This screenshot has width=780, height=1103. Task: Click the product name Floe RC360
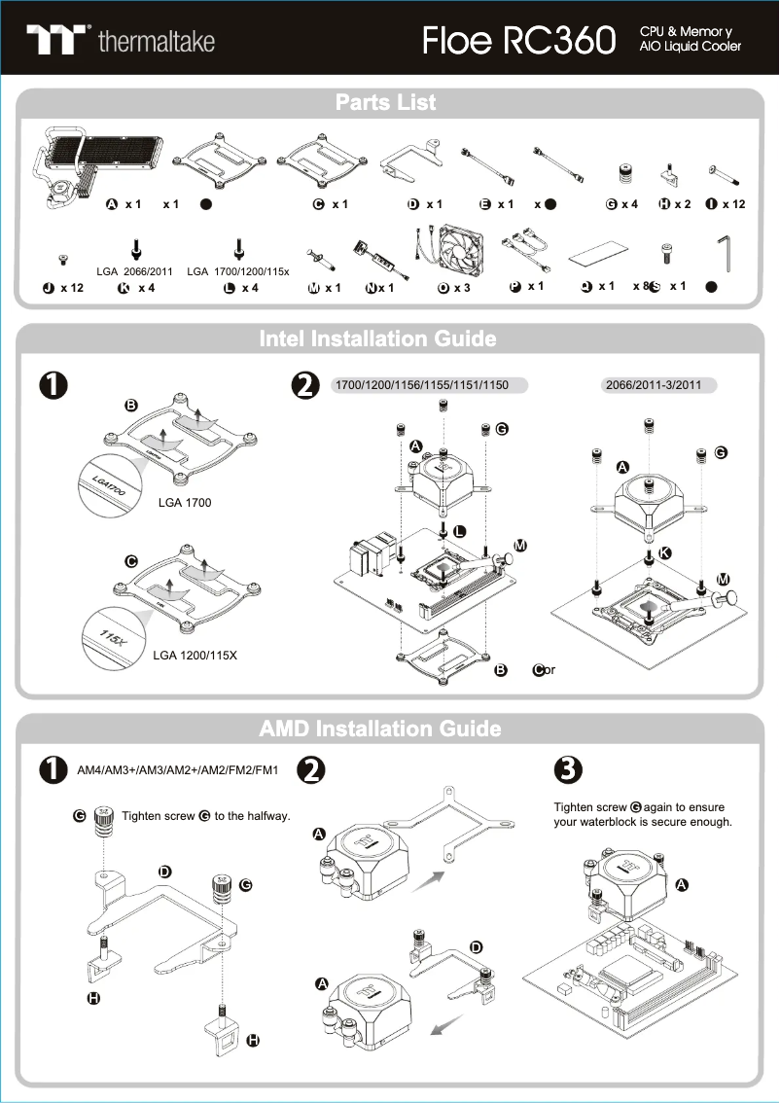pyautogui.click(x=519, y=41)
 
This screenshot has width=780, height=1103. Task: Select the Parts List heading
pyautogui.click(x=386, y=103)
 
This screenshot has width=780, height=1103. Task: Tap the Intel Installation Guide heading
pyautogui.click(x=377, y=339)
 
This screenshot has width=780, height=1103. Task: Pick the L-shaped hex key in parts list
pyautogui.click(x=722, y=254)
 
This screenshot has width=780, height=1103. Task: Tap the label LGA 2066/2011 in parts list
pyautogui.click(x=135, y=271)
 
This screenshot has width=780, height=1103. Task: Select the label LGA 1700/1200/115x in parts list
pyautogui.click(x=238, y=271)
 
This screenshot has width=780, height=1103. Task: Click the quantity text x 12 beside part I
pyautogui.click(x=733, y=204)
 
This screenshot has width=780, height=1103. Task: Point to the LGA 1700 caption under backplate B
pyautogui.click(x=185, y=503)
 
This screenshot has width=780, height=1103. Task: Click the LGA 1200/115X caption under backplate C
pyautogui.click(x=195, y=656)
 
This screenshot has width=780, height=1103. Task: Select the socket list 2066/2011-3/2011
pyautogui.click(x=654, y=386)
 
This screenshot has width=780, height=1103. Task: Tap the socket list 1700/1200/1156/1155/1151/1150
pyautogui.click(x=421, y=386)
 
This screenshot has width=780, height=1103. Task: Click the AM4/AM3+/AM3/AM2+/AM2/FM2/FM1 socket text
pyautogui.click(x=178, y=771)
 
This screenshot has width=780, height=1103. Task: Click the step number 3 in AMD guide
pyautogui.click(x=567, y=769)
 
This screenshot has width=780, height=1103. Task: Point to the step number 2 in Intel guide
pyautogui.click(x=305, y=386)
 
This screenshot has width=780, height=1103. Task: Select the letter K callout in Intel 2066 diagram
pyautogui.click(x=665, y=551)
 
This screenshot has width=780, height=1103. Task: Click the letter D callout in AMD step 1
pyautogui.click(x=165, y=871)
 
